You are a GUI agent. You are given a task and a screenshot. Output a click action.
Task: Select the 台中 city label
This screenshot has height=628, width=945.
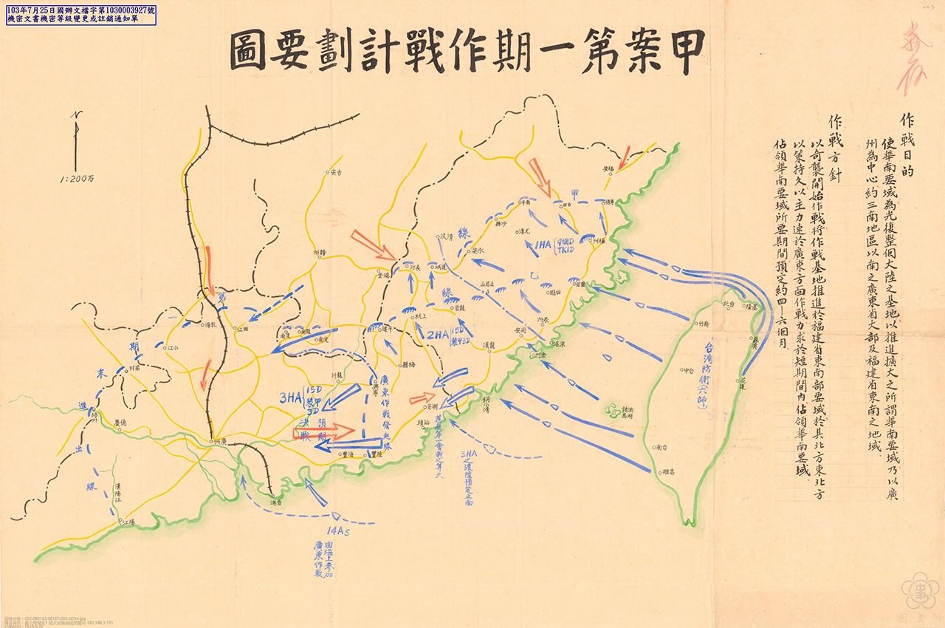tap(687, 370)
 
